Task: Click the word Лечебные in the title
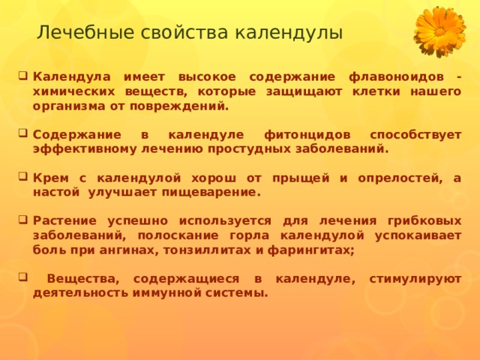tap(85, 32)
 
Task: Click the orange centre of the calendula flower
tap(439, 31)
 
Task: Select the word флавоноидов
tap(396, 76)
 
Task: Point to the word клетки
tap(376, 91)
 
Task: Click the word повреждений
tap(179, 106)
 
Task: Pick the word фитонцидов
tap(307, 135)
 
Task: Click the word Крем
tap(51, 178)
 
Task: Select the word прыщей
tap(301, 178)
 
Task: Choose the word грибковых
tap(424, 220)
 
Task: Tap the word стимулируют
tap(415, 279)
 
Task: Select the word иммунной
tap(167, 293)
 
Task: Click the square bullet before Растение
tap(23, 219)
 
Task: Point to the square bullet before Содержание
tap(23, 133)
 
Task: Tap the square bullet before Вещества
tap(23, 277)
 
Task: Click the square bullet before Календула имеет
tap(23, 75)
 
